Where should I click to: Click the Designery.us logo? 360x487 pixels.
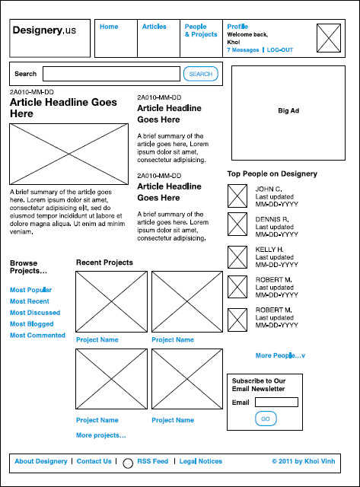44,30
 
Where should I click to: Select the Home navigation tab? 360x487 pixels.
109,27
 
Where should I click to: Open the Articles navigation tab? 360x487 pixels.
154,27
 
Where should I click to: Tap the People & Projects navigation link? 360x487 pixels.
201,30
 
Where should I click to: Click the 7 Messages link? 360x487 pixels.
243,50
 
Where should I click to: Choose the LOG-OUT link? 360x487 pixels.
280,50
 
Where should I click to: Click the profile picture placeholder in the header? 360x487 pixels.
329,38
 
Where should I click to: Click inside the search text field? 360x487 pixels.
111,74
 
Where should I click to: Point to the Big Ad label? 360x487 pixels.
288,110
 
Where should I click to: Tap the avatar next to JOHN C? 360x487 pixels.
237,196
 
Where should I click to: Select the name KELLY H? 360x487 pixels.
269,250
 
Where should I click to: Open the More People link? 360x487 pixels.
280,355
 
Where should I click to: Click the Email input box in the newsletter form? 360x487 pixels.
276,403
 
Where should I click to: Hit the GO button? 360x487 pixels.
266,419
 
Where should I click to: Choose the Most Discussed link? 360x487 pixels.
35,313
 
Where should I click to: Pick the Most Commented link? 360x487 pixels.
37,335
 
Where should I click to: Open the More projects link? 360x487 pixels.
101,435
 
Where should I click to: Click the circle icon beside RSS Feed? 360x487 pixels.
128,463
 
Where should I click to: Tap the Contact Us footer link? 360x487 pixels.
94,461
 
